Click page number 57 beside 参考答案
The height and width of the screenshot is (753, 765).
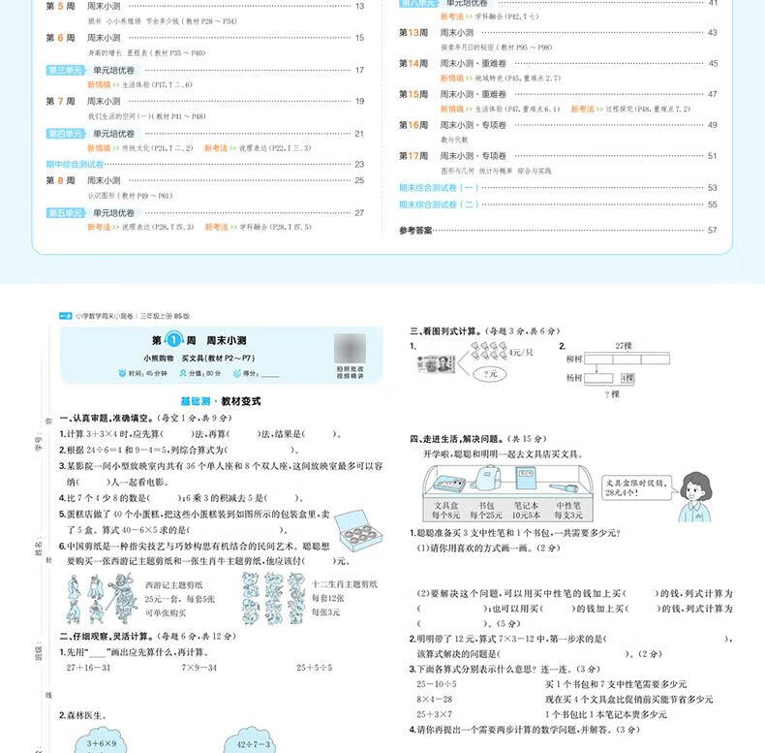coord(713,230)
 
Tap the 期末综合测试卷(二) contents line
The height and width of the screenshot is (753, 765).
coord(439,204)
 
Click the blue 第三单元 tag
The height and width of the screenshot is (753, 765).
coord(65,70)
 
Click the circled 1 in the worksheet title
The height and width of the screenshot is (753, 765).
coord(174,340)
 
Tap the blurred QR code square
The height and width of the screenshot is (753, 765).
coord(351,346)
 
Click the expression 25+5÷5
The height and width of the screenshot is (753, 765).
coord(314,668)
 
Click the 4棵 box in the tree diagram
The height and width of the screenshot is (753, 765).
coord(628,377)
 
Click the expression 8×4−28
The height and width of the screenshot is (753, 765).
coord(435,699)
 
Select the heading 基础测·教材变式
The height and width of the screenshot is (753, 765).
coord(221,400)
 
